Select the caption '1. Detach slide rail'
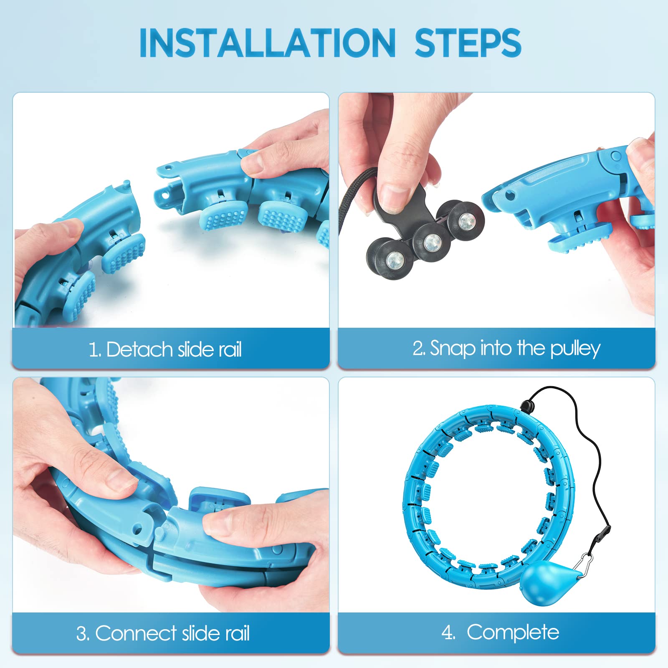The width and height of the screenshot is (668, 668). tap(165, 349)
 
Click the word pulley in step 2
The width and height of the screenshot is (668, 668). tap(575, 349)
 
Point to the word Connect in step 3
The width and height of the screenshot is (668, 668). tap(136, 633)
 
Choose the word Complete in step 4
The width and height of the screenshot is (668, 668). tap(513, 633)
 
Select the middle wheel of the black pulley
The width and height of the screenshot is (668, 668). tap(432, 242)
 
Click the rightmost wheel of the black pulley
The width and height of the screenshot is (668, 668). tap(464, 221)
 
